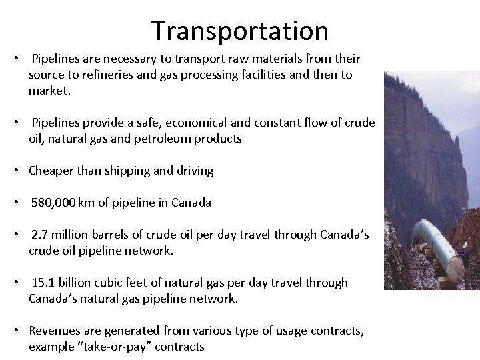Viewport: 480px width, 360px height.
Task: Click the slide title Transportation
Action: pos(239,31)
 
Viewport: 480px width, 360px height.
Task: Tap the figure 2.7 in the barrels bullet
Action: pos(39,236)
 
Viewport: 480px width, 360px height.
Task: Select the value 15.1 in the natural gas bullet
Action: pos(42,283)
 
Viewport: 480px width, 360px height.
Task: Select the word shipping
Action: pos(133,171)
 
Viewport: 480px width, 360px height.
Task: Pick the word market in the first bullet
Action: pos(47,91)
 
